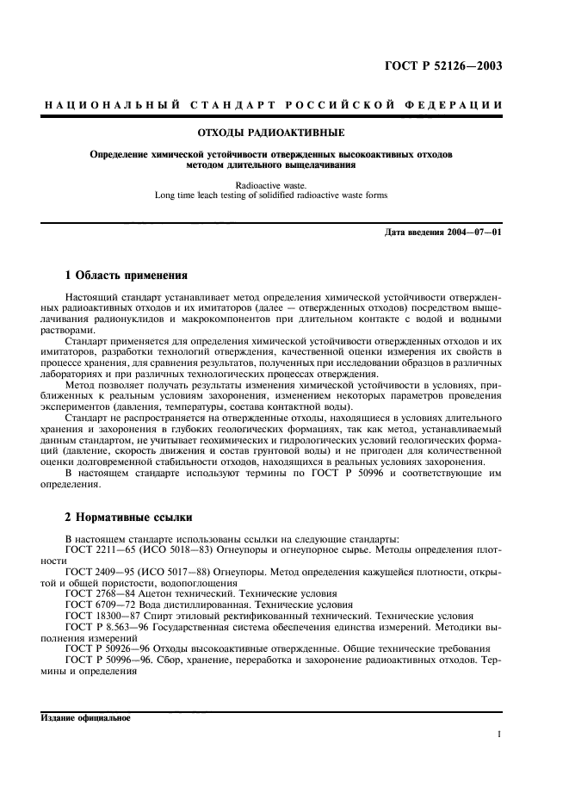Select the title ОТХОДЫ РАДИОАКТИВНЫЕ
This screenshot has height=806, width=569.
click(x=272, y=133)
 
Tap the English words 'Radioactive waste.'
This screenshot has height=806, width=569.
click(x=272, y=184)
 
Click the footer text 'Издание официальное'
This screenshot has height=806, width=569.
click(x=84, y=718)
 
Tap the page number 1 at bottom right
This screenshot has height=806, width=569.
click(x=499, y=735)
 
